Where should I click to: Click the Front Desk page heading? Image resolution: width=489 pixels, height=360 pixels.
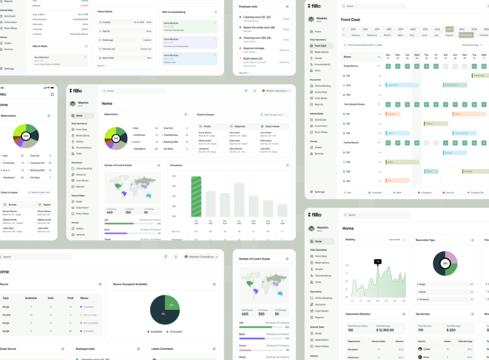(x=351, y=19)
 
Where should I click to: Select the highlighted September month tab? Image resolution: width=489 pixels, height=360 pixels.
(x=465, y=35)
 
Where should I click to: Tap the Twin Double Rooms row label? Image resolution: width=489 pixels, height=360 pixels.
(x=355, y=104)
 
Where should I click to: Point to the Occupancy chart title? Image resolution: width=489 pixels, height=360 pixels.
(x=177, y=165)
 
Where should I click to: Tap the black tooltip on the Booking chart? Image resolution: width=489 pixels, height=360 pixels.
(x=377, y=262)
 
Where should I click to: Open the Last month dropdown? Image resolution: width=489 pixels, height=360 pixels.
(x=397, y=240)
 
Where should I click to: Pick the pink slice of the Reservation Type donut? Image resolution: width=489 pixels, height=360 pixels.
(x=451, y=257)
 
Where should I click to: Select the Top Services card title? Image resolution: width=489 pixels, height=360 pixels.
(x=423, y=314)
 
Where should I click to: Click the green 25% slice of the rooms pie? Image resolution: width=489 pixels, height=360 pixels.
(x=172, y=302)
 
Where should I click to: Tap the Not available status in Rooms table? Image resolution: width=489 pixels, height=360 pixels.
(x=91, y=323)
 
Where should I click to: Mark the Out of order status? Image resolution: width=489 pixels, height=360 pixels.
(x=90, y=315)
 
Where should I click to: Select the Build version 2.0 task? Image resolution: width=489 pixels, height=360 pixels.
(x=253, y=58)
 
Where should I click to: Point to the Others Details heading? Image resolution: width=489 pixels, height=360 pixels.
(x=105, y=11)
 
